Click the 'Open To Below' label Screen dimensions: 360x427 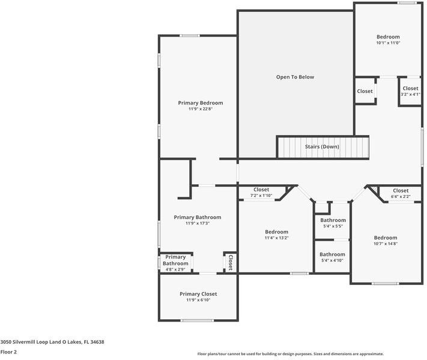pyautogui.click(x=295, y=77)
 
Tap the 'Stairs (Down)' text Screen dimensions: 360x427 pyautogui.click(x=321, y=147)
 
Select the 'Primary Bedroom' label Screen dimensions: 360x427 pyautogui.click(x=201, y=103)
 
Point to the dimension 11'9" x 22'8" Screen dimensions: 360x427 pyautogui.click(x=201, y=109)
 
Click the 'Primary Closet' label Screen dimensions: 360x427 pyautogui.click(x=198, y=294)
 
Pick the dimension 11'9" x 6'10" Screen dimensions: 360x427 pyautogui.click(x=198, y=300)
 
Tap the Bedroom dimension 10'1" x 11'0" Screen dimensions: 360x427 pyautogui.click(x=388, y=43)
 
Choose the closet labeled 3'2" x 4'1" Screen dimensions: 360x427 pyautogui.click(x=410, y=94)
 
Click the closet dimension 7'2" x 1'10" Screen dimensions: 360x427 pyautogui.click(x=261, y=196)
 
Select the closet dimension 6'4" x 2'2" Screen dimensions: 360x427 pyautogui.click(x=401, y=197)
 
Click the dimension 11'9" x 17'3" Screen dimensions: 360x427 pyautogui.click(x=198, y=223)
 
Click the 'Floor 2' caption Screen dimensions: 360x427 pyautogui.click(x=8, y=352)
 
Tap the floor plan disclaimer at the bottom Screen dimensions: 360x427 pyautogui.click(x=291, y=354)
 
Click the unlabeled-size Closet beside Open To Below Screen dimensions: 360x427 pyautogui.click(x=365, y=91)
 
